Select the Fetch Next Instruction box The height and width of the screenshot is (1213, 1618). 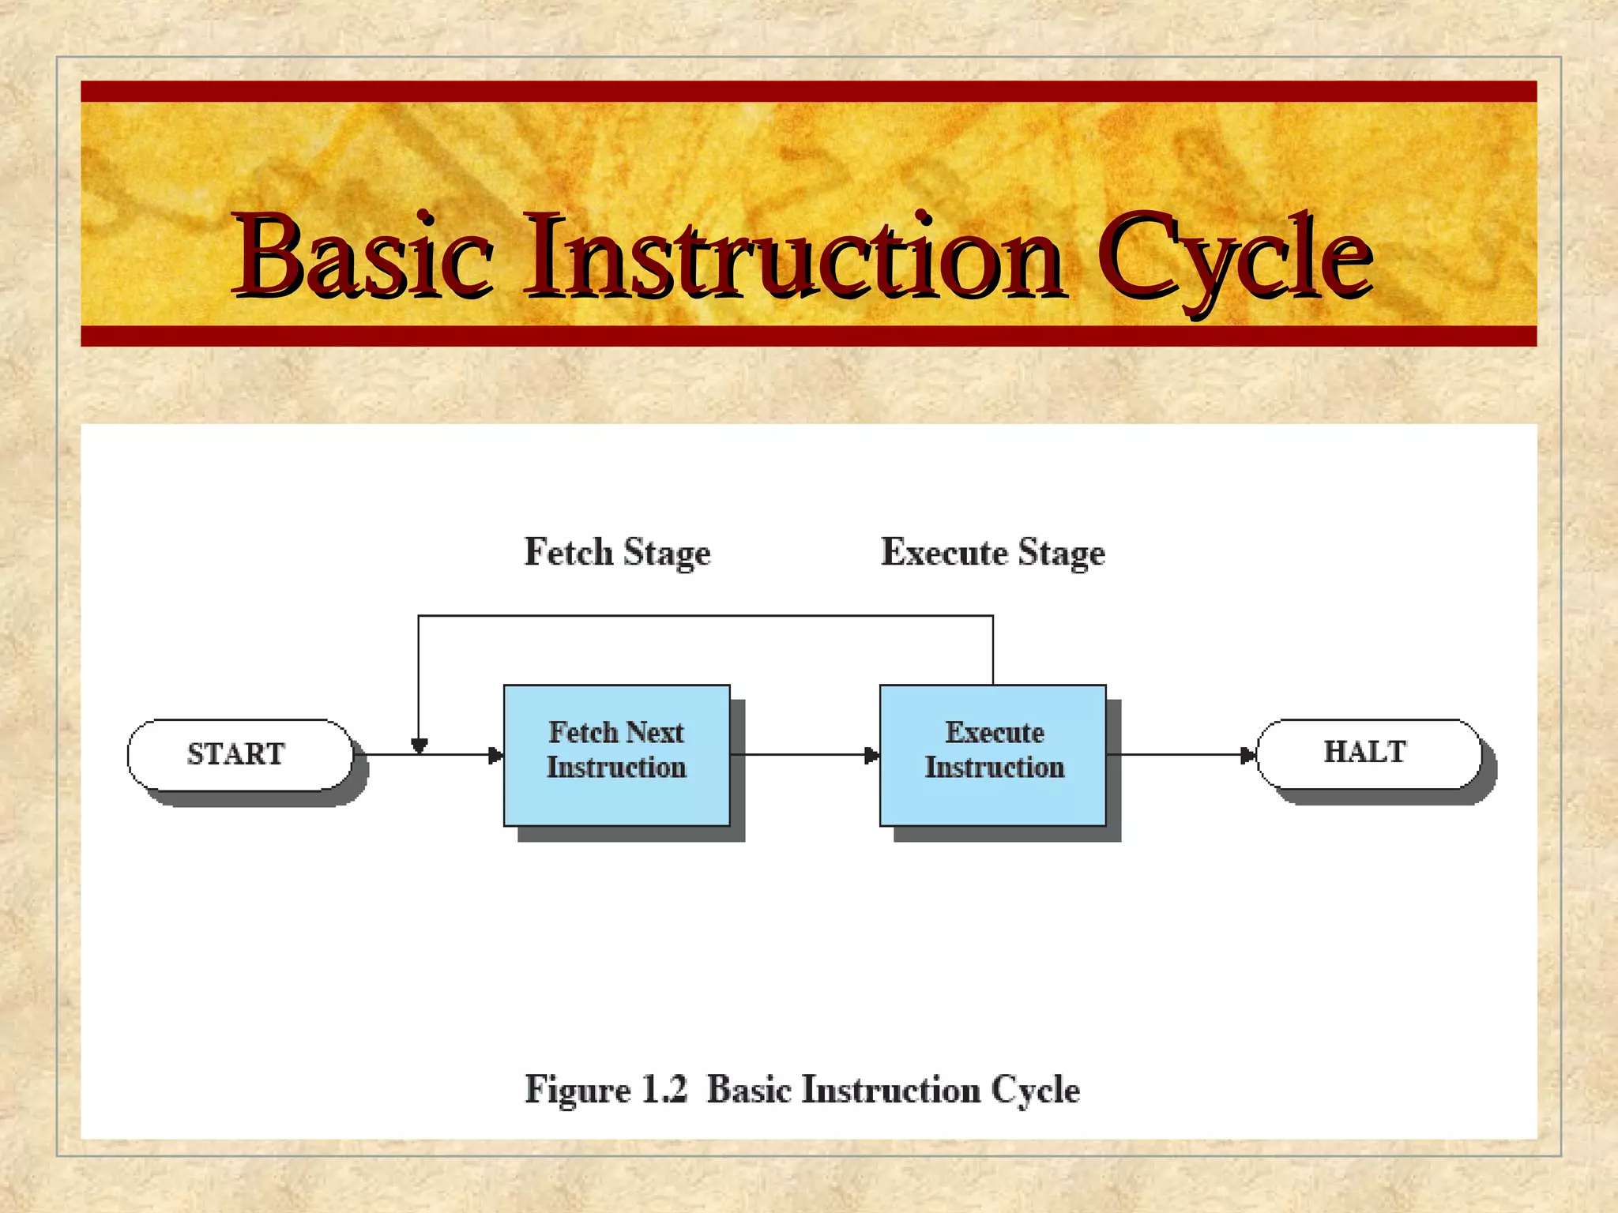(616, 755)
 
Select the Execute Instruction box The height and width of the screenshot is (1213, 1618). (993, 755)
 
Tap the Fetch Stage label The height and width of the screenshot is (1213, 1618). (617, 552)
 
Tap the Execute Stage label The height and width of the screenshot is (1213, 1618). (992, 552)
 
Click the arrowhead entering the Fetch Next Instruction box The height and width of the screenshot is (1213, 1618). (496, 756)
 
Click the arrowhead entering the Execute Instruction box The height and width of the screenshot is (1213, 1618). (872, 756)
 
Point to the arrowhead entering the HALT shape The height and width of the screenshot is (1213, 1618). (1248, 756)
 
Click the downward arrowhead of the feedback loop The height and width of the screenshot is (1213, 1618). (420, 745)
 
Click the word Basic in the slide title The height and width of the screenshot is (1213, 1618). (363, 257)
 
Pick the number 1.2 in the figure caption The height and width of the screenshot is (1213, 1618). (664, 1090)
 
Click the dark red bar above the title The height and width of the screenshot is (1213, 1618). (808, 92)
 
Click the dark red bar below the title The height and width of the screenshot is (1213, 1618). (808, 336)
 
